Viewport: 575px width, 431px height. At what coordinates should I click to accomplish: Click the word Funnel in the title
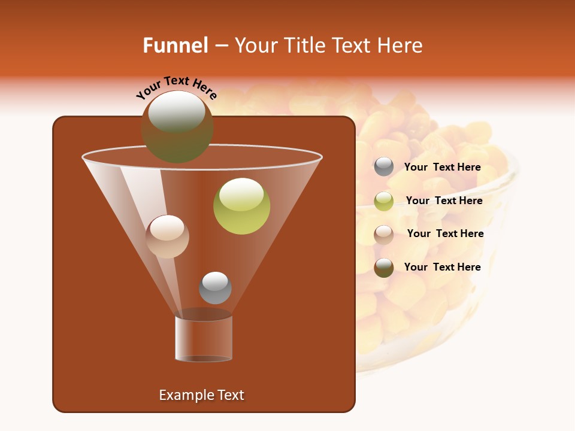tap(175, 45)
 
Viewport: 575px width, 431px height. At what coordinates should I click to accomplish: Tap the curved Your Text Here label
tap(176, 87)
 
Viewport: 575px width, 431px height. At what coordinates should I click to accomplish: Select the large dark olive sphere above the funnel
tap(177, 127)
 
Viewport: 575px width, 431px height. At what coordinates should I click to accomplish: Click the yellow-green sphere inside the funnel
tap(242, 207)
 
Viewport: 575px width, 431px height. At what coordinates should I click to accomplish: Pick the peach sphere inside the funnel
tap(167, 236)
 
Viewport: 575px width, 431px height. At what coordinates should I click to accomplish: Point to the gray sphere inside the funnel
tap(215, 288)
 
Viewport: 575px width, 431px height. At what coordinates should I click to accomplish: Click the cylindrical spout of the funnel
tap(204, 339)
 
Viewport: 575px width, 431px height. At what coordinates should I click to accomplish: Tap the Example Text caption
tap(201, 395)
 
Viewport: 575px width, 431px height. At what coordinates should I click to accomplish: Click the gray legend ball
tap(384, 166)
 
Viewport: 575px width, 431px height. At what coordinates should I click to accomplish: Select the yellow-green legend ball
tap(384, 201)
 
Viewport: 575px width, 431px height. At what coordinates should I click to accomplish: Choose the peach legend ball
tap(384, 234)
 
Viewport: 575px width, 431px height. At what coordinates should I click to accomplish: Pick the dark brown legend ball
tap(384, 268)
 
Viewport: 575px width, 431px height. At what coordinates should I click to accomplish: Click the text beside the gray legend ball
tap(443, 167)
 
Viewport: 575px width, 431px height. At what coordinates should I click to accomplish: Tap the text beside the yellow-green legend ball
tap(444, 201)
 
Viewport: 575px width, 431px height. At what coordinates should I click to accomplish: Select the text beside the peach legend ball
tap(445, 233)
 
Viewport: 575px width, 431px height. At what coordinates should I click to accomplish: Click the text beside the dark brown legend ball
tap(443, 267)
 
